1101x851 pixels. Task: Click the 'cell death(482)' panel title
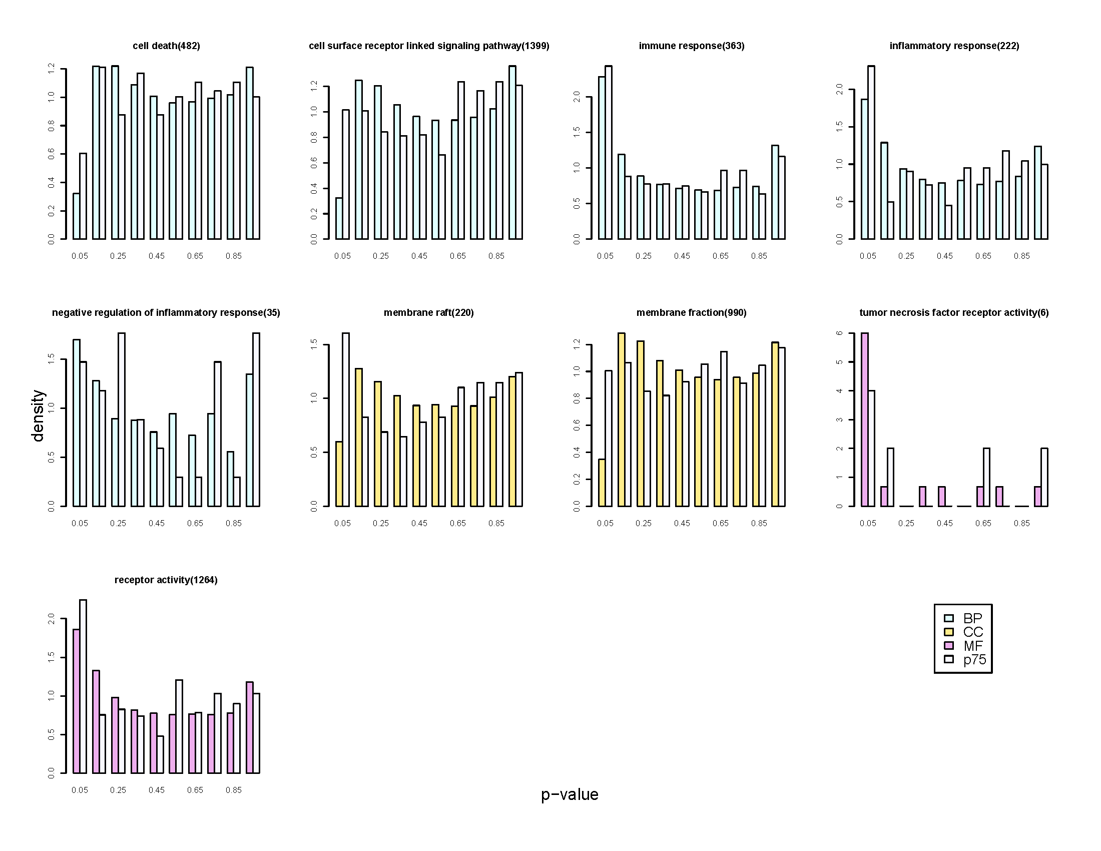click(166, 46)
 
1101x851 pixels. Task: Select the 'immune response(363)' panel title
click(691, 46)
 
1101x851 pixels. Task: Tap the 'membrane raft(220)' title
click(428, 312)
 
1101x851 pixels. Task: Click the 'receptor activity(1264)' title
click(166, 580)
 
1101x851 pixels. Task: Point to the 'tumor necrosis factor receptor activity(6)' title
click(954, 312)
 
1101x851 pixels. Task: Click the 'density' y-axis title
click(38, 415)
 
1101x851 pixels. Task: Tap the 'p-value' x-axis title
click(570, 794)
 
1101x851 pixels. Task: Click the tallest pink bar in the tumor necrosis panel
click(865, 419)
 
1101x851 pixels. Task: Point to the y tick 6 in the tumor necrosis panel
click(839, 333)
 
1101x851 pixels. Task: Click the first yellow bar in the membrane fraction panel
click(602, 483)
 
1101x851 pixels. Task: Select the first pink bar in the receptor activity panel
click(77, 701)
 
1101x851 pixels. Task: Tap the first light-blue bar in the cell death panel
click(77, 216)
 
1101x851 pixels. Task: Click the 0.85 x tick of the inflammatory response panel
click(1021, 256)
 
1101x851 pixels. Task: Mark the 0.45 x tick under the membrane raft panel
click(419, 523)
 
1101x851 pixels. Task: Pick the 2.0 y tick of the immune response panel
click(577, 96)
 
